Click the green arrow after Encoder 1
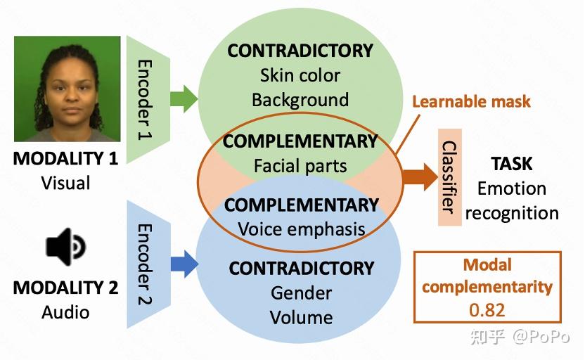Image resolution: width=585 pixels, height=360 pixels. click(x=184, y=98)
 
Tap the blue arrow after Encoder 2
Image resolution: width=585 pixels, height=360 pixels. click(x=184, y=264)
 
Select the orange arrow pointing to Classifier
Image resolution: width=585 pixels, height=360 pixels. click(x=420, y=176)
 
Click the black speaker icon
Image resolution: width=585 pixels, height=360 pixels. click(x=65, y=247)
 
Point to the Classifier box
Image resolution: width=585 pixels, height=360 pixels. click(x=449, y=177)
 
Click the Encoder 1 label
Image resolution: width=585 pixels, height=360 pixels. click(x=145, y=100)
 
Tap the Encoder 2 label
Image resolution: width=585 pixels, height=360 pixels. click(x=145, y=264)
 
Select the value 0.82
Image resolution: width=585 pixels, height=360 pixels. click(x=487, y=310)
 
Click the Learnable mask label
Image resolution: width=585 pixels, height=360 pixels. click(x=471, y=101)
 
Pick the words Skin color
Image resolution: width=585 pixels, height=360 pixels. click(x=300, y=75)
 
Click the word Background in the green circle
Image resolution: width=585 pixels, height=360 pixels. click(x=300, y=100)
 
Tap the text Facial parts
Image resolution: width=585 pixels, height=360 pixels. click(x=300, y=166)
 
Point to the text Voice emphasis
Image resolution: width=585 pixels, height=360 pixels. click(x=302, y=229)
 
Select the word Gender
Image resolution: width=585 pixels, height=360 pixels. click(x=301, y=293)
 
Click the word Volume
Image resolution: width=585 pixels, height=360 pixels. click(x=302, y=318)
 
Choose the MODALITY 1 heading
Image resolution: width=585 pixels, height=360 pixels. click(x=65, y=158)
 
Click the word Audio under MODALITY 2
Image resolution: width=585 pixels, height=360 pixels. click(x=65, y=312)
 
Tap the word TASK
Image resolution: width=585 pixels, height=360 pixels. click(x=512, y=164)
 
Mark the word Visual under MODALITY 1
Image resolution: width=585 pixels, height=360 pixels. click(x=65, y=184)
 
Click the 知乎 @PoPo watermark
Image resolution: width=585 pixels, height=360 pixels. click(x=520, y=337)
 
